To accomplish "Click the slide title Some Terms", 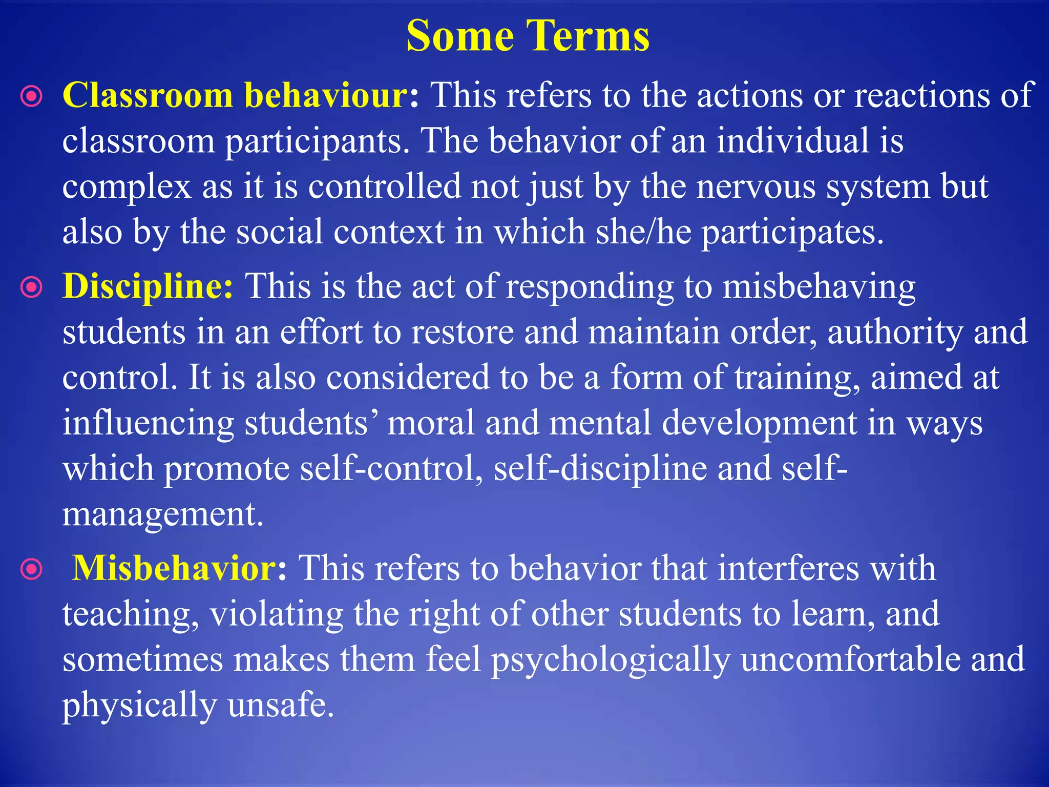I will (528, 36).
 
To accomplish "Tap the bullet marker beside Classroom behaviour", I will (32, 96).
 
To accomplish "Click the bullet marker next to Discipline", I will (32, 287).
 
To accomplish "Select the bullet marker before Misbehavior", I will (32, 569).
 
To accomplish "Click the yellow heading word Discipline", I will (148, 286).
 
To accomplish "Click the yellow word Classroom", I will (148, 95).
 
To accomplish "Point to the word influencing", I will (149, 424).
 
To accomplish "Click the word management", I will (162, 514).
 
